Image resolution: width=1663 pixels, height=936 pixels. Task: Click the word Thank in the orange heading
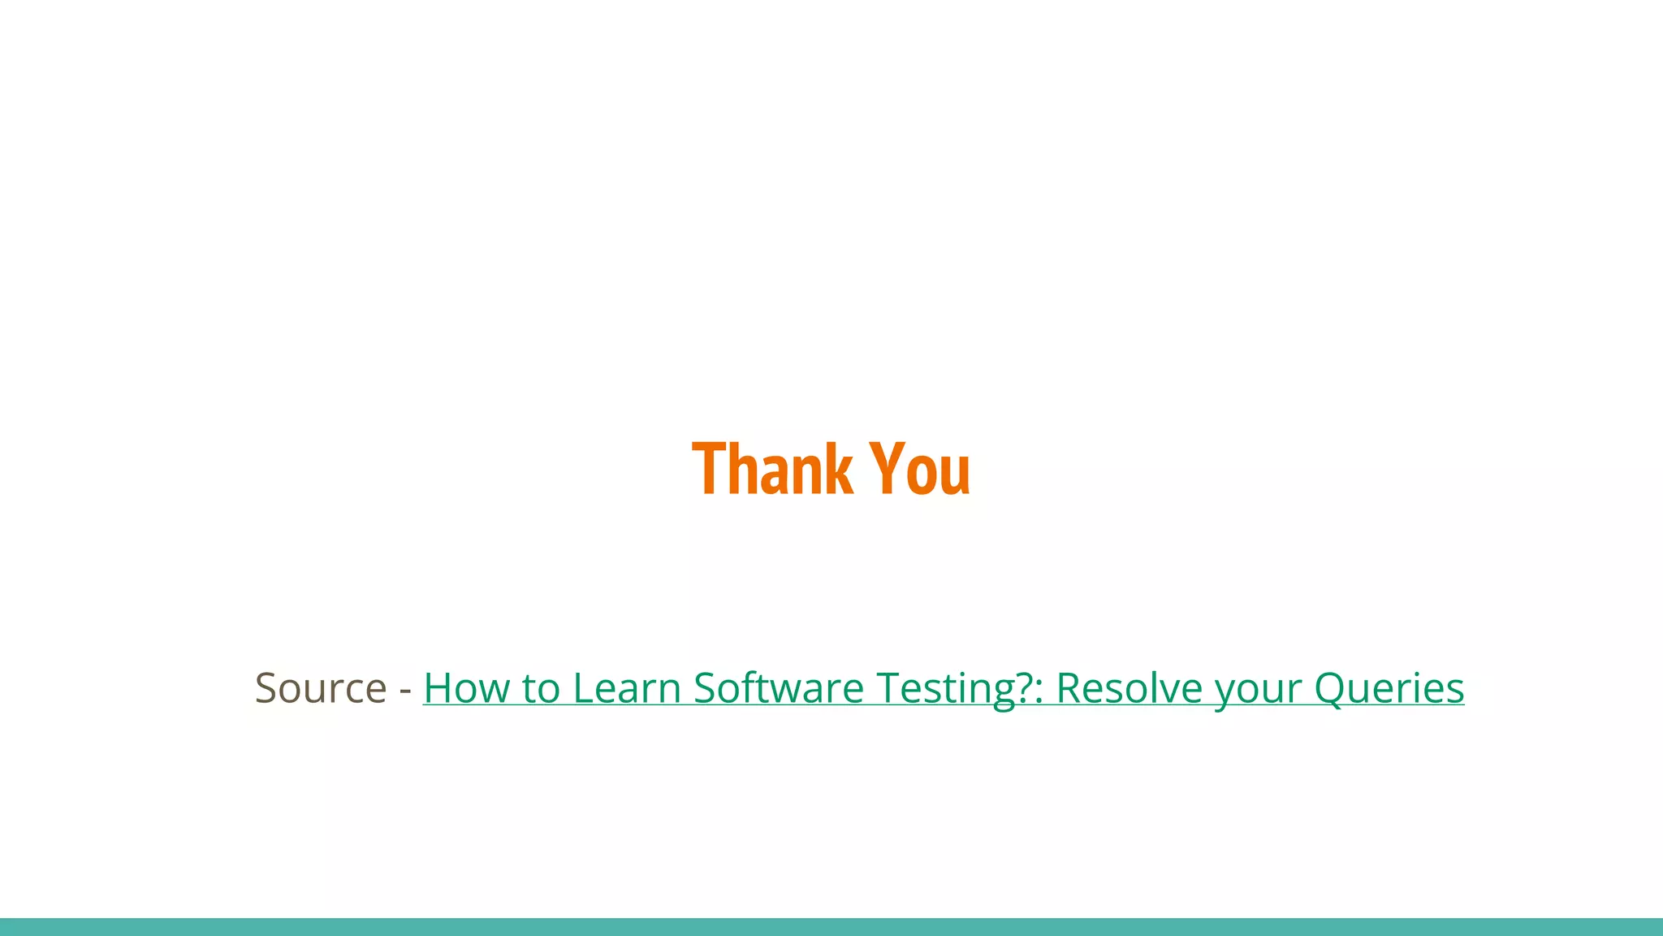tap(771, 469)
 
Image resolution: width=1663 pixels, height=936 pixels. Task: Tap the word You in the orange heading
tap(919, 469)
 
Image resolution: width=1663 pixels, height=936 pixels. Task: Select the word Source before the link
tap(321, 688)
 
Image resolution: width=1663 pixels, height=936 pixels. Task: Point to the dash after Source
tap(405, 690)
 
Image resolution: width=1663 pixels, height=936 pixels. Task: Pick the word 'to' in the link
tap(541, 688)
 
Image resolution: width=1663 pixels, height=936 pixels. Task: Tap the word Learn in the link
tap(626, 688)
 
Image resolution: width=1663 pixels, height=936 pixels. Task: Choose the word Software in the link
tap(778, 688)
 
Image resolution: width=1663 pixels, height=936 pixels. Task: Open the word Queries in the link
tap(1389, 688)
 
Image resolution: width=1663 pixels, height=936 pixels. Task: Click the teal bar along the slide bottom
tap(831, 927)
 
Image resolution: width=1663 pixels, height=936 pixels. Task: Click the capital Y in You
tap(886, 469)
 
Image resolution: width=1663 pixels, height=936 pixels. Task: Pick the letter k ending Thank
tap(840, 469)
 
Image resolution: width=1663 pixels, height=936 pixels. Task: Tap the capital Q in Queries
tap(1333, 688)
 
